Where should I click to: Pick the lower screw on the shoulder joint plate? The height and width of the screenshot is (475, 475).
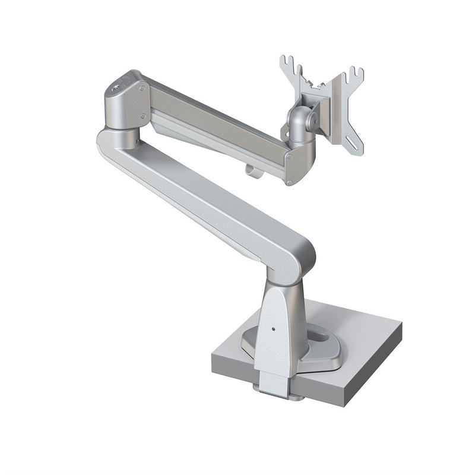pyautogui.click(x=142, y=117)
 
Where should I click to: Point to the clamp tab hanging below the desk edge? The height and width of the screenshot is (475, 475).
pyautogui.click(x=271, y=389)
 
